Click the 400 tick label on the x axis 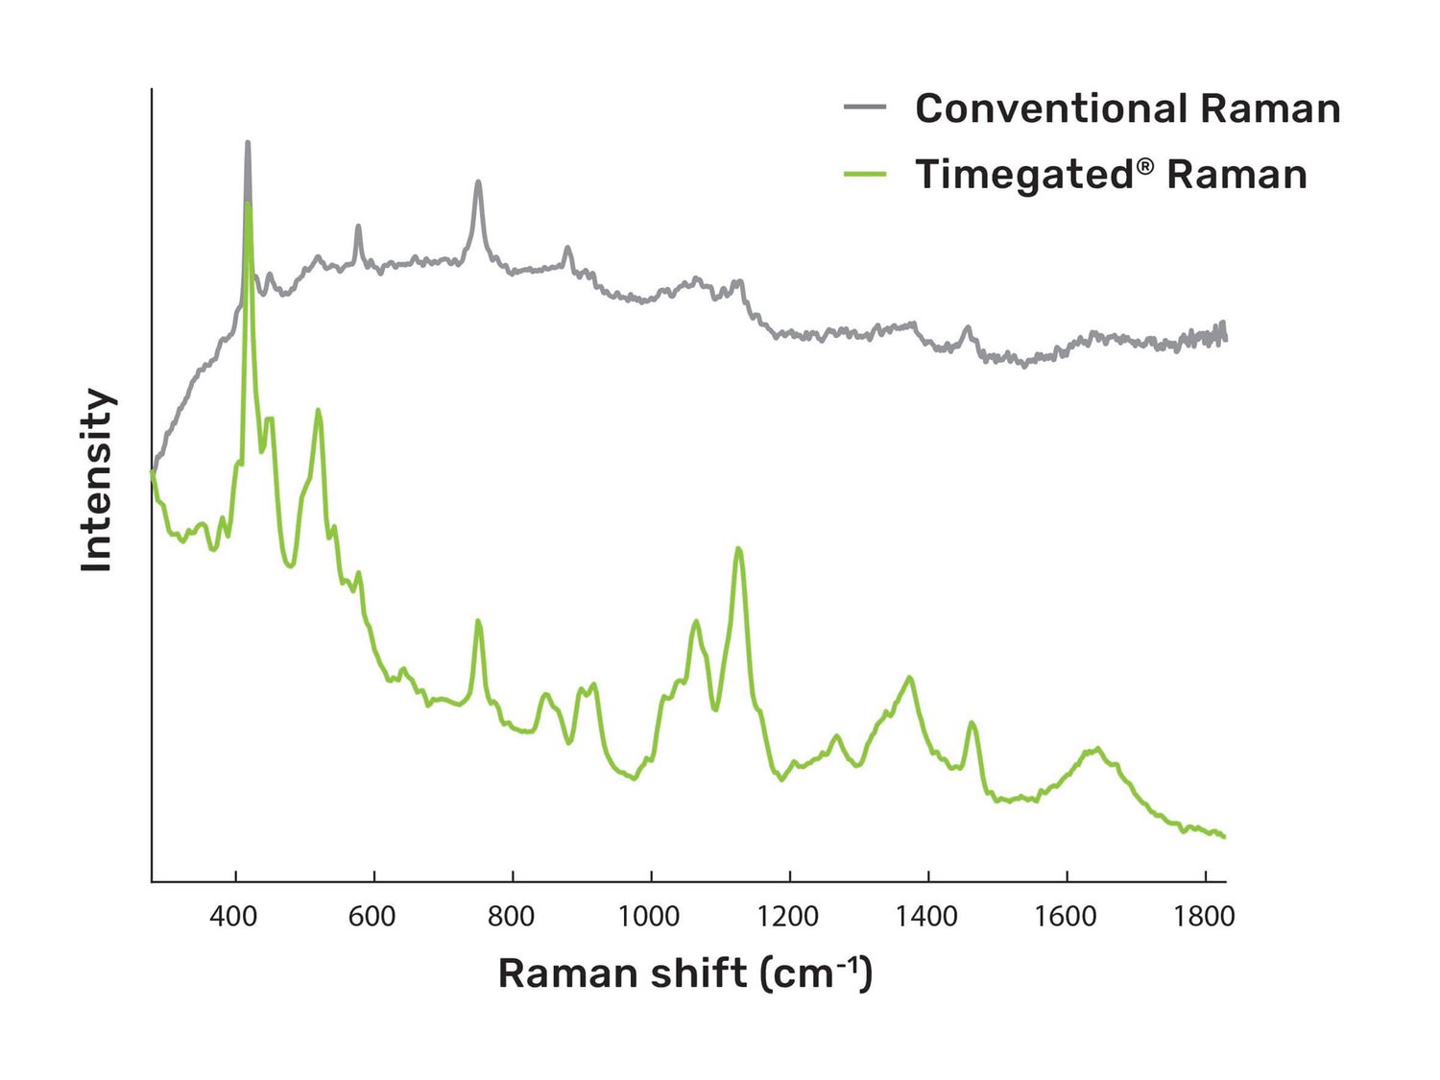pyautogui.click(x=233, y=917)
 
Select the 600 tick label pyautogui.click(x=372, y=917)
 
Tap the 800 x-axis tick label pyautogui.click(x=511, y=917)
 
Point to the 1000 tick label pyautogui.click(x=649, y=917)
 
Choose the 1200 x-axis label pyautogui.click(x=787, y=917)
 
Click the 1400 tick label pyautogui.click(x=926, y=917)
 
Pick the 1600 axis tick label pyautogui.click(x=1065, y=917)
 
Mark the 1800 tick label pyautogui.click(x=1204, y=917)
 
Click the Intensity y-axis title pyautogui.click(x=97, y=480)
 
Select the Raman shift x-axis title pyautogui.click(x=684, y=973)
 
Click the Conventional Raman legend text pyautogui.click(x=1127, y=108)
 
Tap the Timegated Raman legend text pyautogui.click(x=1111, y=175)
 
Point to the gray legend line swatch pyautogui.click(x=865, y=108)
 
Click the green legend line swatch pyautogui.click(x=865, y=174)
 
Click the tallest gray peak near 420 pyautogui.click(x=248, y=144)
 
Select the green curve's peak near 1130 pyautogui.click(x=738, y=549)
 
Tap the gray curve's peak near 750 pyautogui.click(x=478, y=182)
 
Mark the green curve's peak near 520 pyautogui.click(x=318, y=412)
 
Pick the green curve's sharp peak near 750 pyautogui.click(x=478, y=622)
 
